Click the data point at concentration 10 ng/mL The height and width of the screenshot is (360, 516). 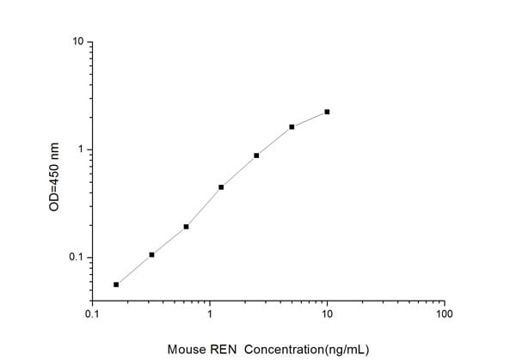click(x=327, y=112)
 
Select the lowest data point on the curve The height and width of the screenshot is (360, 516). click(x=116, y=284)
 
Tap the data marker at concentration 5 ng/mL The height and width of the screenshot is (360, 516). click(x=292, y=127)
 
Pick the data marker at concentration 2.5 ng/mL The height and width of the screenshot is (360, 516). click(x=256, y=156)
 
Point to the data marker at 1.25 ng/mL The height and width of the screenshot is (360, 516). click(x=221, y=187)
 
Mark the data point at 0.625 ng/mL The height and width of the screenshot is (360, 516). click(x=186, y=227)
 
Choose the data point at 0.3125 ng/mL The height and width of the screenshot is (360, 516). click(x=151, y=254)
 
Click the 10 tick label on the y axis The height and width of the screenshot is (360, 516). click(x=77, y=42)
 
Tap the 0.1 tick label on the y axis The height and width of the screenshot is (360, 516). click(x=76, y=258)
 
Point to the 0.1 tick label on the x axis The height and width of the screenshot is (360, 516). click(x=93, y=314)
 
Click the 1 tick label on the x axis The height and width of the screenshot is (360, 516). click(x=210, y=314)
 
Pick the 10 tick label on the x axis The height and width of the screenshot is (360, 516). click(x=327, y=314)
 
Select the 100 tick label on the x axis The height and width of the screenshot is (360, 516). click(x=444, y=314)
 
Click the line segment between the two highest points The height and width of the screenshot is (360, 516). click(x=310, y=119)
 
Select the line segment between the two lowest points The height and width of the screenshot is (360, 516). click(x=133, y=270)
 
